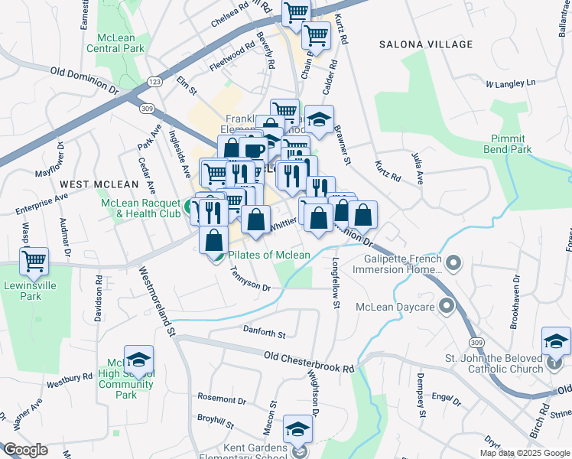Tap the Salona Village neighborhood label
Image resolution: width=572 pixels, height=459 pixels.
coord(426,45)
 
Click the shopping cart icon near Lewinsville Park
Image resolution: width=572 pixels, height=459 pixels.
coord(34,261)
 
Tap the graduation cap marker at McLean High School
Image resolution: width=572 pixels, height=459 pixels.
coord(138,360)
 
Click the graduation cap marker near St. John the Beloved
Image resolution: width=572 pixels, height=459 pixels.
coord(556,341)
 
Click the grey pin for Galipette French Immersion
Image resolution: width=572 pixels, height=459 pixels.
coord(454,264)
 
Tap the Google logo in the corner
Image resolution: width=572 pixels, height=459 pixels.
coord(25,450)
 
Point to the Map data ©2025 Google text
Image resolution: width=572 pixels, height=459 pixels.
coord(524,453)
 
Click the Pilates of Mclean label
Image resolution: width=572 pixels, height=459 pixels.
coord(269,255)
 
